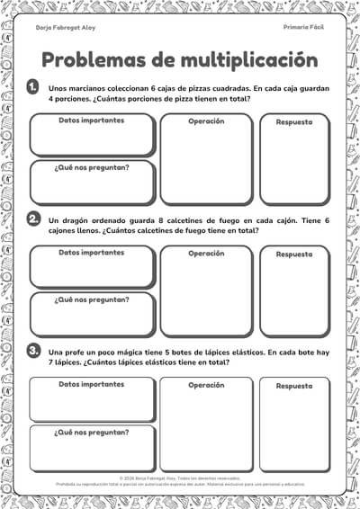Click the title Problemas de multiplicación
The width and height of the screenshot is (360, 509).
point(180,59)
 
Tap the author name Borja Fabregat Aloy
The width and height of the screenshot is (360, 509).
point(65,27)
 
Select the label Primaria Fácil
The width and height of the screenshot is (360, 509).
point(303,27)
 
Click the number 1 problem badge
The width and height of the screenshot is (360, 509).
point(33,87)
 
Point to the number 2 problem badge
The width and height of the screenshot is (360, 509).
point(33,219)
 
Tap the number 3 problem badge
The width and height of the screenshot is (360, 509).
point(33,350)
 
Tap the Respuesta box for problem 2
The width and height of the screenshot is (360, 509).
point(294,297)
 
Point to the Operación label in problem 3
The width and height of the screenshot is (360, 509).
point(206,385)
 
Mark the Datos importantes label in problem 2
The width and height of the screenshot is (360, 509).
point(92,253)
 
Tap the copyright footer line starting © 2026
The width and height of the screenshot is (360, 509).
point(180,478)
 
